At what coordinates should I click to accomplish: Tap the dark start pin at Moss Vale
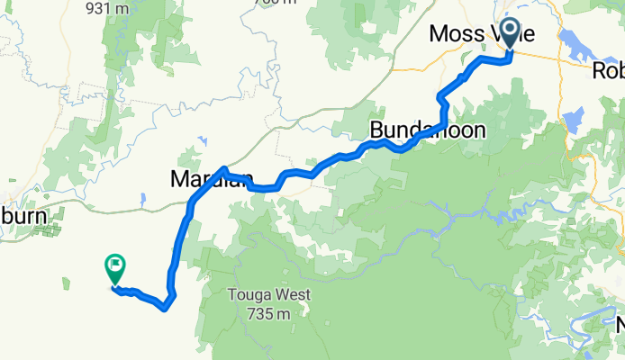(510, 33)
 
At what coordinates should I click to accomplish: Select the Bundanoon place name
(427, 130)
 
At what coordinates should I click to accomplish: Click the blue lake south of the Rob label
(577, 117)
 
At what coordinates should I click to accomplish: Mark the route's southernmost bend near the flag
(164, 308)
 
